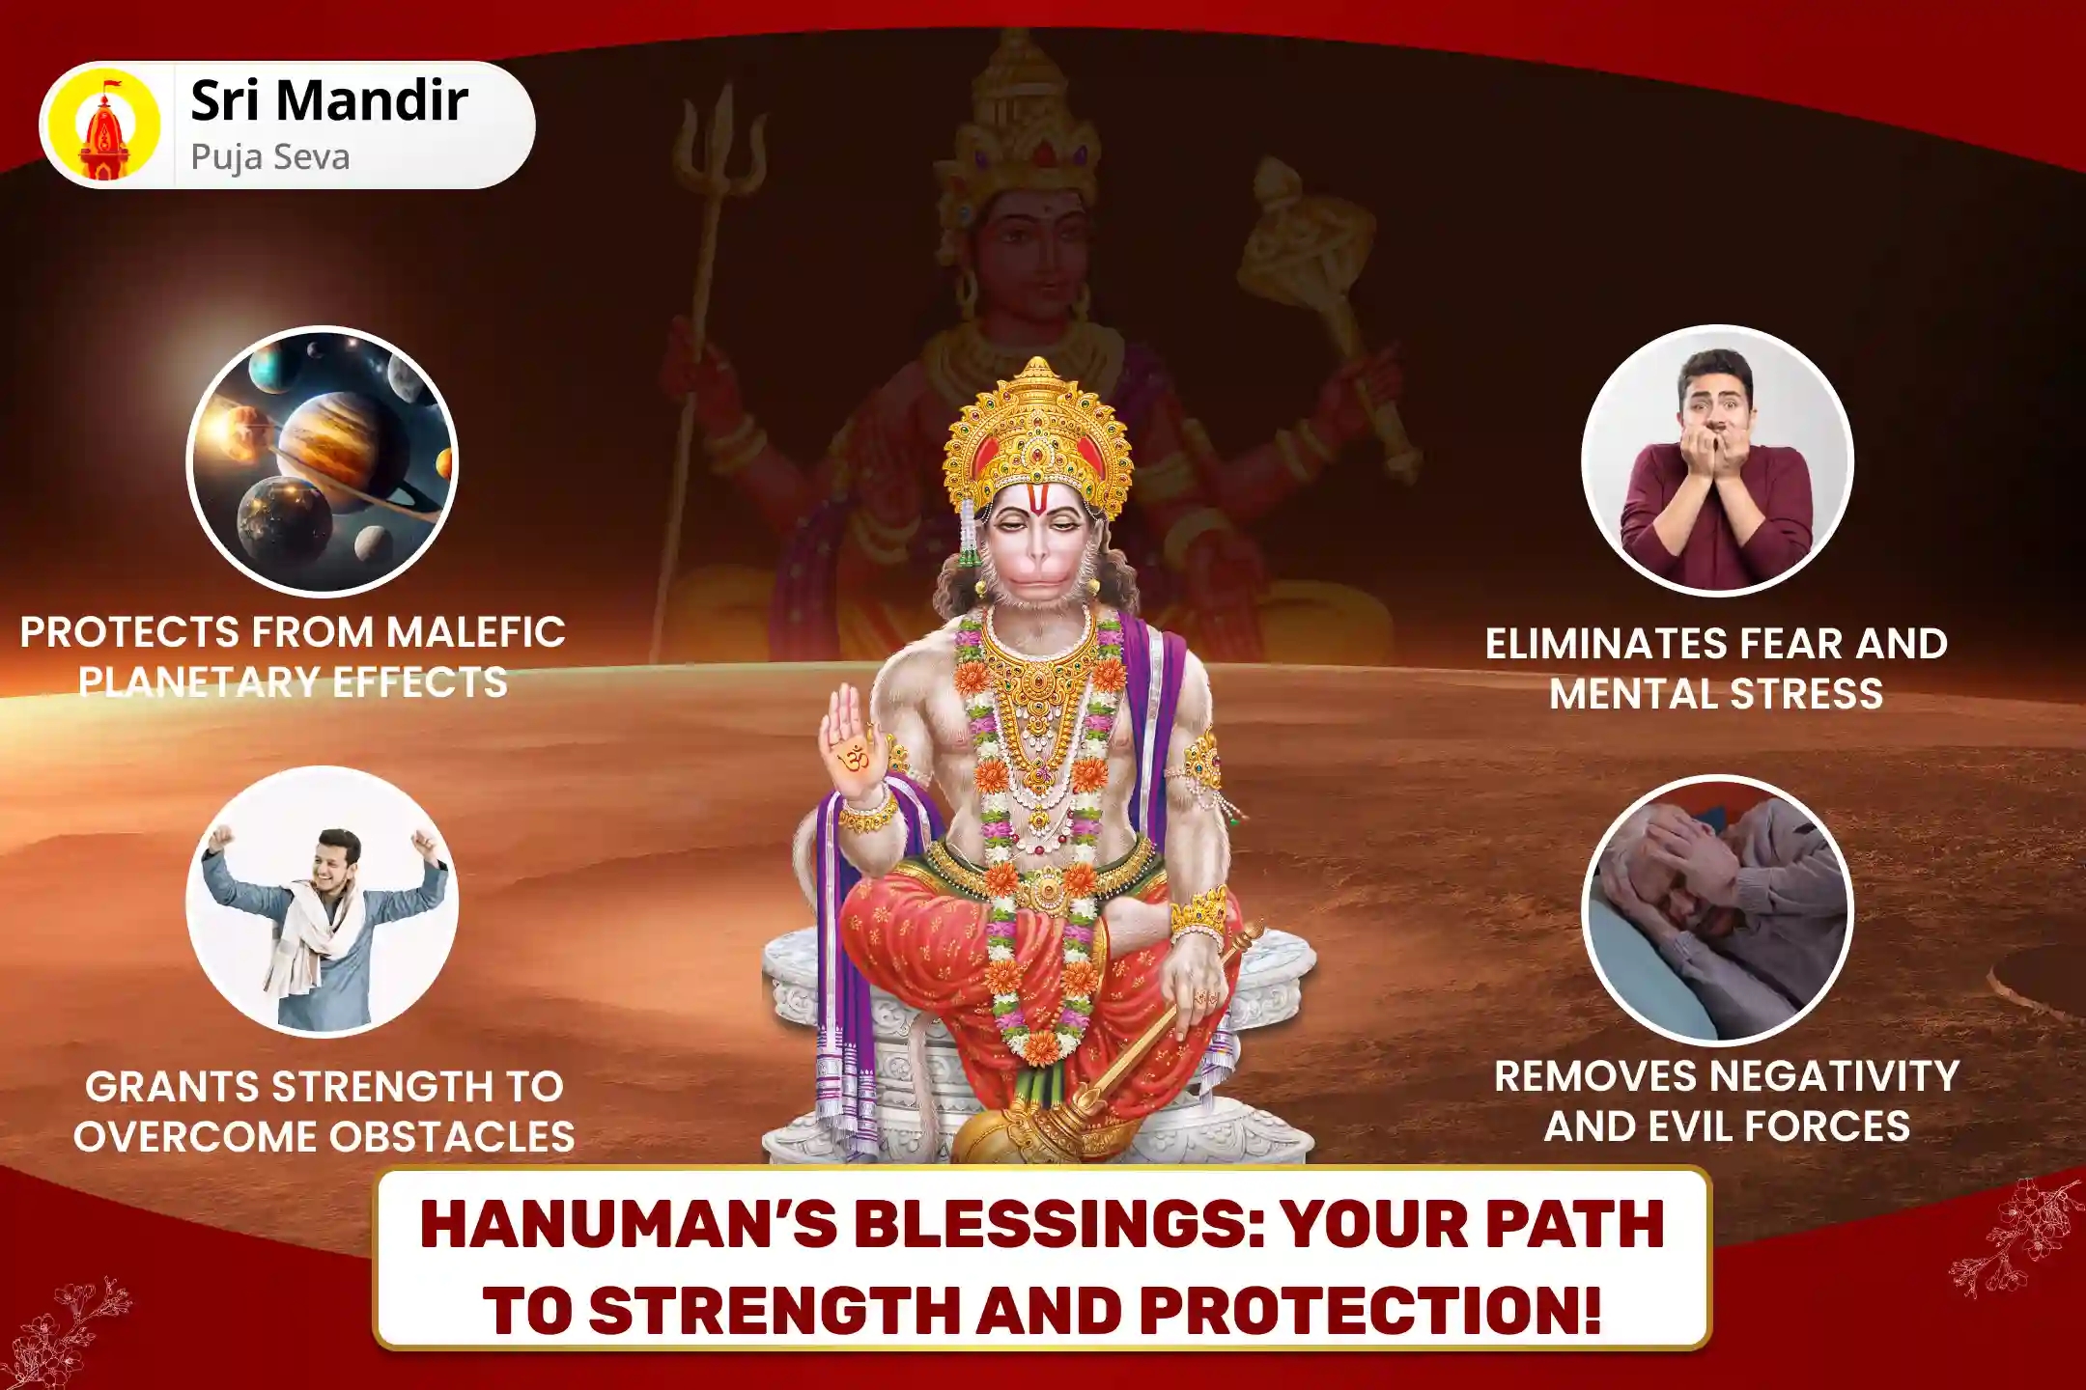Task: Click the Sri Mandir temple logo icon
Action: tap(104, 125)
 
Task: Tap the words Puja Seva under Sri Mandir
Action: tap(269, 157)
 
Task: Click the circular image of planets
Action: tap(323, 460)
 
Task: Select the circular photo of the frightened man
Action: tap(1717, 460)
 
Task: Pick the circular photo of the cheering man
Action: tap(323, 901)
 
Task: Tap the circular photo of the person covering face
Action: tap(1717, 910)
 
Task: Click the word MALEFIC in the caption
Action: tap(475, 633)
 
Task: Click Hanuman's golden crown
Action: tap(1038, 434)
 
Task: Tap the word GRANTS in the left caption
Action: tap(171, 1087)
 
